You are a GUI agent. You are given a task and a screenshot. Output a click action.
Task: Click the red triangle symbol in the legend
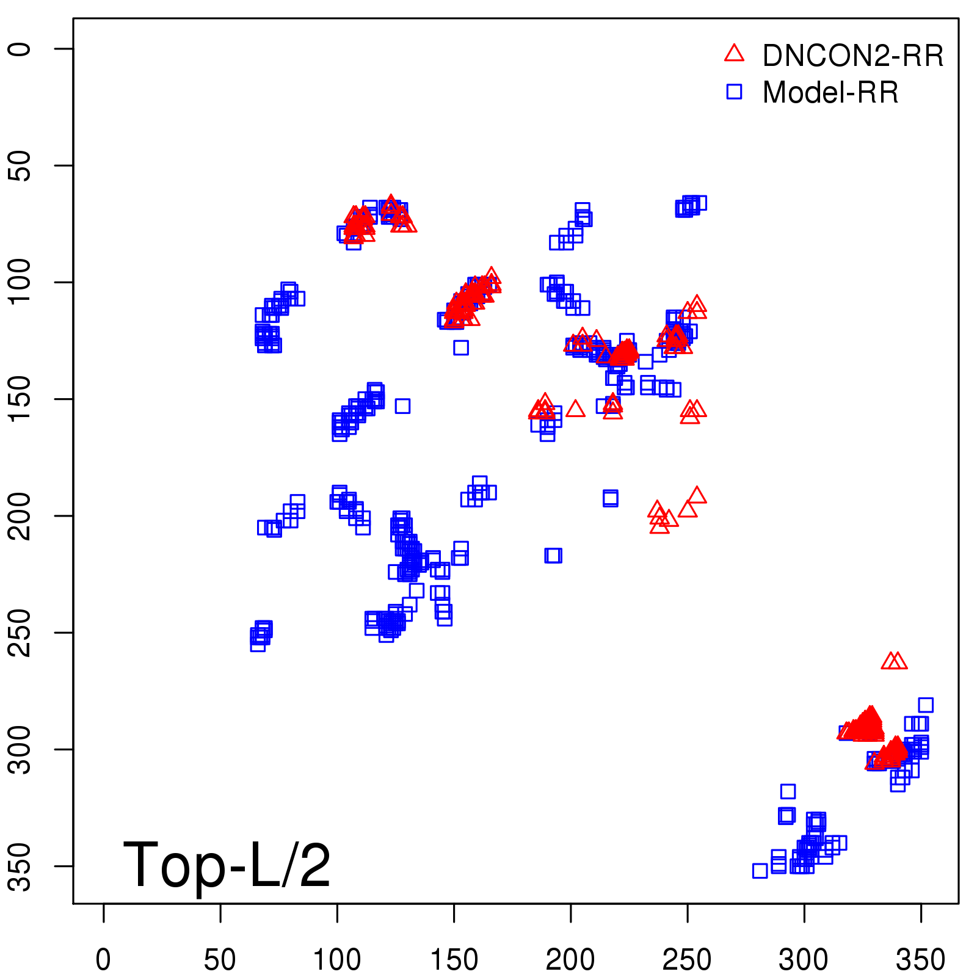(x=734, y=54)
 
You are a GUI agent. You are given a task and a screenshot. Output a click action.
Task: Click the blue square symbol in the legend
(x=734, y=92)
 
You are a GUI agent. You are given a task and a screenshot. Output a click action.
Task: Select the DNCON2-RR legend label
(x=853, y=56)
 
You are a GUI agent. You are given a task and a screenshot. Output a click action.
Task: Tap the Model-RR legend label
(x=830, y=93)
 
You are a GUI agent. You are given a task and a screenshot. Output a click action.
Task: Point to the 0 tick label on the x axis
(x=103, y=960)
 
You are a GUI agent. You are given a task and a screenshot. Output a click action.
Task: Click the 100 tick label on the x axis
(x=337, y=960)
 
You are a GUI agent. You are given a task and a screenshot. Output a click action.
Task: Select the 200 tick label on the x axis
(x=570, y=960)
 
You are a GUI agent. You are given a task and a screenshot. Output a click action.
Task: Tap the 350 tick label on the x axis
(x=920, y=960)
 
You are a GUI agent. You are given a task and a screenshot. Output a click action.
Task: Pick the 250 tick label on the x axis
(x=687, y=960)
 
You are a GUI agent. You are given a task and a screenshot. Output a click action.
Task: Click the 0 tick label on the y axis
(x=21, y=49)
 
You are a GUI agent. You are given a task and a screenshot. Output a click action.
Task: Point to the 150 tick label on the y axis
(x=21, y=399)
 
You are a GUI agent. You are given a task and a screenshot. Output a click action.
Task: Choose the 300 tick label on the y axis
(x=21, y=749)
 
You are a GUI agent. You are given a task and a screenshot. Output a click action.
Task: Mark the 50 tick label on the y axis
(x=21, y=165)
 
